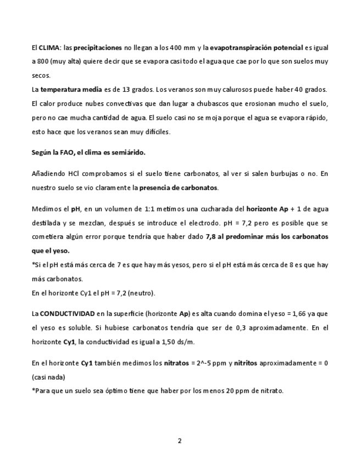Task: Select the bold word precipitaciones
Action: click(x=98, y=48)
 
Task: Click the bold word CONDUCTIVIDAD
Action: click(x=71, y=313)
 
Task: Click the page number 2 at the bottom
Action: click(x=180, y=441)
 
